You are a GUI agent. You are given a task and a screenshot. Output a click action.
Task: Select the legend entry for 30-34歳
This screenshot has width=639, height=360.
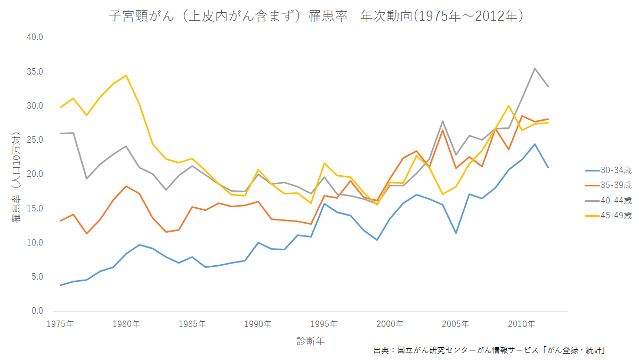(x=608, y=170)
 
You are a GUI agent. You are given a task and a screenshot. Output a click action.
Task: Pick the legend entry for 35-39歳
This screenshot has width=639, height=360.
(x=608, y=185)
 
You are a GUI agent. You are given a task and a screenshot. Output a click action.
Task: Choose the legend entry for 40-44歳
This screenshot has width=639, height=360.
(x=608, y=200)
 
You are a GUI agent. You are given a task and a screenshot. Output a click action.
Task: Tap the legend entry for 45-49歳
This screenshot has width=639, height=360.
(x=608, y=215)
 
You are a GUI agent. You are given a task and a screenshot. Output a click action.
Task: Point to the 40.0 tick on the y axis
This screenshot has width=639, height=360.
(x=35, y=37)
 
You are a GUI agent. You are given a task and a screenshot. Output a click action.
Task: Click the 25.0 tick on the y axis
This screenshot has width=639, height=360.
(x=35, y=140)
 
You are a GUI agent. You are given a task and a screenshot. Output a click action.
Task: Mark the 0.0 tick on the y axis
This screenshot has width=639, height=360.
(x=36, y=311)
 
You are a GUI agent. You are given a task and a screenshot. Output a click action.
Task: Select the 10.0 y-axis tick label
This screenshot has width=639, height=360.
(x=35, y=243)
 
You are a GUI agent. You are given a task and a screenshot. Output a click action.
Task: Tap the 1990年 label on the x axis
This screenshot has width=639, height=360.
(x=258, y=324)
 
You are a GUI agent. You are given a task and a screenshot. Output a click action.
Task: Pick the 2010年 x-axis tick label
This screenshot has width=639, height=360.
(x=521, y=324)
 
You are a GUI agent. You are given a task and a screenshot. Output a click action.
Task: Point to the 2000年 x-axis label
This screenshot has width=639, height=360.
(x=390, y=324)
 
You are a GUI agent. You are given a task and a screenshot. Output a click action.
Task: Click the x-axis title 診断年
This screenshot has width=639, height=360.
(x=311, y=341)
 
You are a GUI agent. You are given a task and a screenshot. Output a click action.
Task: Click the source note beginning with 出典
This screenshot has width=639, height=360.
(x=491, y=350)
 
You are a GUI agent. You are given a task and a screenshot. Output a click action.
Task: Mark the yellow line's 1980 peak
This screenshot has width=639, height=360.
(x=126, y=75)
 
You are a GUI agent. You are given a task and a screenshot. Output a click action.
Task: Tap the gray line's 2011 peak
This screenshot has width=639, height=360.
(x=535, y=68)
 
